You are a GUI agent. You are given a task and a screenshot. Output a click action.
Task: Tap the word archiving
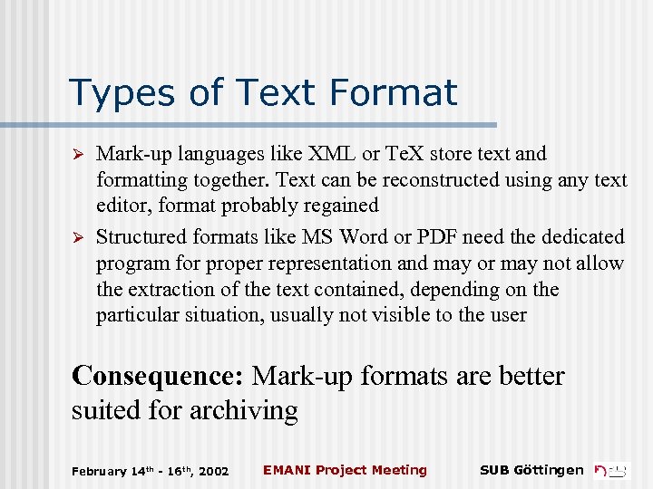[243, 410]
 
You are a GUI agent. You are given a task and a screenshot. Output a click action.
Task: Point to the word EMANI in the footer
[284, 470]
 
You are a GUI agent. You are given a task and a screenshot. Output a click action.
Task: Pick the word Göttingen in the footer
[549, 470]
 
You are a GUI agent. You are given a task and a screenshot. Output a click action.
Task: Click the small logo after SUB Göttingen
[611, 470]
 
